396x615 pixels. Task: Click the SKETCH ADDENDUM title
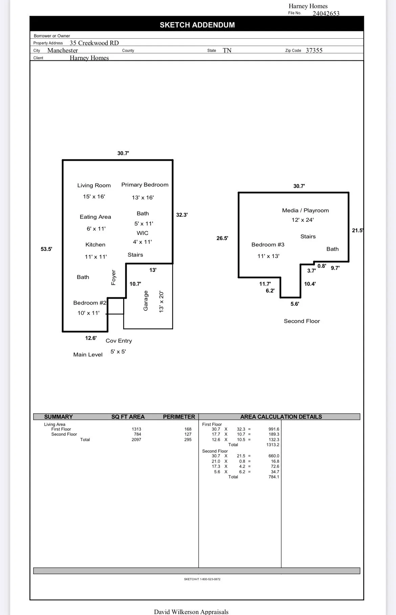coord(197,25)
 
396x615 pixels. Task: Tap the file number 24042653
coord(326,14)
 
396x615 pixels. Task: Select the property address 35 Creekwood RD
coord(94,43)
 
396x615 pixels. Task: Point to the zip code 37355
coord(314,50)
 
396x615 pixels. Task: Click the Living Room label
coord(94,185)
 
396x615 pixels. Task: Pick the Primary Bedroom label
coord(145,185)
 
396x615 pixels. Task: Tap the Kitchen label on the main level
coord(95,245)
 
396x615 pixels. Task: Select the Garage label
coord(146,301)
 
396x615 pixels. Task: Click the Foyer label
coord(114,278)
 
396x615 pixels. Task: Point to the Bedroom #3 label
coord(268,245)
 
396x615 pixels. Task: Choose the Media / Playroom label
coord(306,211)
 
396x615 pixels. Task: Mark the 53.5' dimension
coord(46,249)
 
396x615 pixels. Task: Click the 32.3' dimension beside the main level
coord(182,215)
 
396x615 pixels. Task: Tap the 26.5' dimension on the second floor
coord(222,238)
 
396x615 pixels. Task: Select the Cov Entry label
coord(119,341)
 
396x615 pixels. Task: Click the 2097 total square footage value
coord(136,440)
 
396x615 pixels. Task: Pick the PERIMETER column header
coord(179,417)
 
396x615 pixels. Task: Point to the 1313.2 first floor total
coord(273,445)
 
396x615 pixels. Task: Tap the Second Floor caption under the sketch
coord(302,321)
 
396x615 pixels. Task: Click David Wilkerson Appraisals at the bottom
coord(191,612)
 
